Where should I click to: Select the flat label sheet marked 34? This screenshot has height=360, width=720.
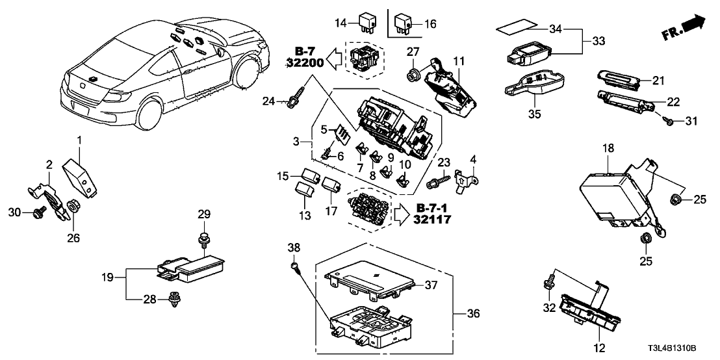click(518, 28)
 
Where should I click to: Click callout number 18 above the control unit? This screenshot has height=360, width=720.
click(609, 148)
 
